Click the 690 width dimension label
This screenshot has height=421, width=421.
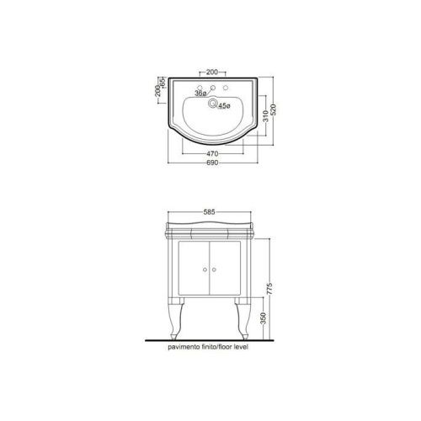coord(212,163)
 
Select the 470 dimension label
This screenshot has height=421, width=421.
coord(212,154)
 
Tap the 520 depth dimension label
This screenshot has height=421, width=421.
coord(274,109)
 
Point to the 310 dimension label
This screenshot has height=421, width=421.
coord(265,115)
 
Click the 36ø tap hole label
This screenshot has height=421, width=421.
coord(201,93)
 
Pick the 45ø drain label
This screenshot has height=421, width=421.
coord(224,106)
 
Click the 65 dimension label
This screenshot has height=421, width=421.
coord(163,82)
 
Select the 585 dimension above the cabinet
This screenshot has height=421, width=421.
coord(209,212)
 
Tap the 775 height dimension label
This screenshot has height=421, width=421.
coord(269,289)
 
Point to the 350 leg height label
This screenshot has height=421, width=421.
coord(263,318)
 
